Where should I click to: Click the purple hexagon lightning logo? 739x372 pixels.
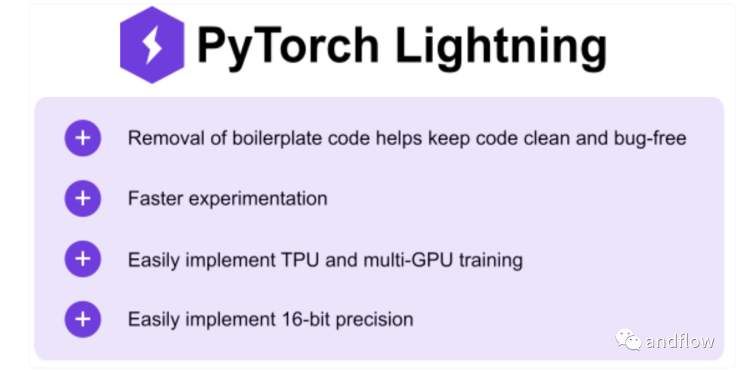click(x=152, y=45)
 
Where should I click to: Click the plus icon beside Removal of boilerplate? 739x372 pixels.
click(x=83, y=138)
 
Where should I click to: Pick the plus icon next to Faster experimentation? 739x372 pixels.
click(x=83, y=198)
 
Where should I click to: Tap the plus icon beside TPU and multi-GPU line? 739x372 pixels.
click(x=83, y=259)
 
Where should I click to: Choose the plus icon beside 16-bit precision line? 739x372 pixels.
click(x=83, y=319)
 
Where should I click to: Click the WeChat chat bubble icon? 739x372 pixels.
click(x=628, y=340)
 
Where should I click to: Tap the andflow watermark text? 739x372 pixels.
click(x=680, y=340)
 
